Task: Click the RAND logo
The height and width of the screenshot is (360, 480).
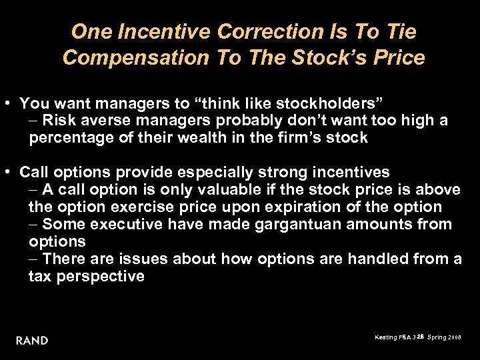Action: pyautogui.click(x=32, y=340)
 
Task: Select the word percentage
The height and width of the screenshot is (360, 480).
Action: pyautogui.click(x=70, y=138)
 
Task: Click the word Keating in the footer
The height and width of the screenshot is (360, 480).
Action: pyautogui.click(x=387, y=338)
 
